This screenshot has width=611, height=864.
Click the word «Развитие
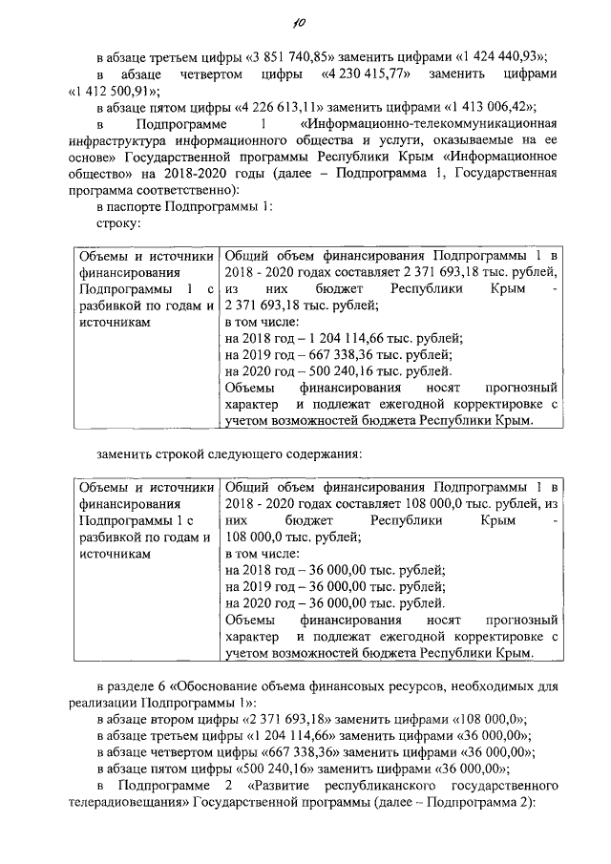pyautogui.click(x=283, y=786)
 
